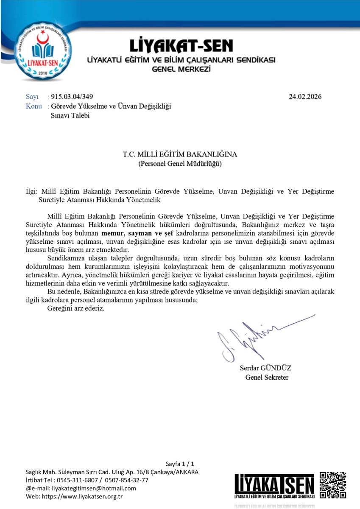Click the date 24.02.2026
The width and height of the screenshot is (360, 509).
[x=305, y=97]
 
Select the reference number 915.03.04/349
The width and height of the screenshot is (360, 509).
[x=72, y=97]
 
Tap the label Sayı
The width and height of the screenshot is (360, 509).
[x=32, y=97]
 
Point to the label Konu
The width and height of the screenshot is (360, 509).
[x=34, y=106]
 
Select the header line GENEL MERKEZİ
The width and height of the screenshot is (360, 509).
[x=181, y=69]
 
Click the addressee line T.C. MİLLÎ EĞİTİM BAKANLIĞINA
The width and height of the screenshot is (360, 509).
[x=180, y=154]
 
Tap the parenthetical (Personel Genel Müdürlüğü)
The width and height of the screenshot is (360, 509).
[x=180, y=164]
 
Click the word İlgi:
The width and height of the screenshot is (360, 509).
[x=32, y=191]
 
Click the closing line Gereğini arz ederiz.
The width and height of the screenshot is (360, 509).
[x=75, y=308]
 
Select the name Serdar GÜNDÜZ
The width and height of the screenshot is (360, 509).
[x=265, y=368]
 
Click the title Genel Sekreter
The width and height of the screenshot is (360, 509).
[x=267, y=378]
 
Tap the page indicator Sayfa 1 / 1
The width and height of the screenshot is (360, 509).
[x=180, y=464]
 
